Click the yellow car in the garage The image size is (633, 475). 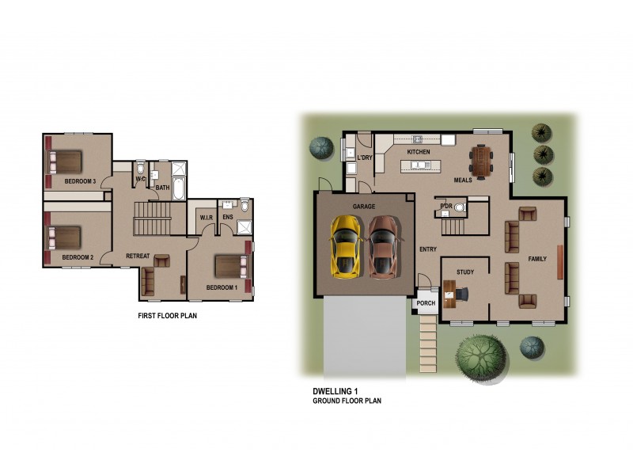pyautogui.click(x=345, y=246)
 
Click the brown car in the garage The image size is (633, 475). pyautogui.click(x=384, y=246)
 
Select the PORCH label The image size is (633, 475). pyautogui.click(x=426, y=303)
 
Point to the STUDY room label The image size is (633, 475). pyautogui.click(x=465, y=272)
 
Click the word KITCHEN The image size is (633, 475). pyautogui.click(x=419, y=151)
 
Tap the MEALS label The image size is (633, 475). pyautogui.click(x=463, y=180)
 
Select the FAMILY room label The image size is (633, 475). pyautogui.click(x=537, y=259)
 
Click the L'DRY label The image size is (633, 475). pyautogui.click(x=365, y=158)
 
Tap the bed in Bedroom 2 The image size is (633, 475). pyautogui.click(x=66, y=237)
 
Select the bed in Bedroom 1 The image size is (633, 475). pyautogui.click(x=230, y=265)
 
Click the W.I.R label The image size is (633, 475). pyautogui.click(x=207, y=217)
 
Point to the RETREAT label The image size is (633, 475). pyautogui.click(x=139, y=256)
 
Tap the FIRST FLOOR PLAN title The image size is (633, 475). pyautogui.click(x=167, y=315)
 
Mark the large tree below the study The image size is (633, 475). pyautogui.click(x=479, y=353)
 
